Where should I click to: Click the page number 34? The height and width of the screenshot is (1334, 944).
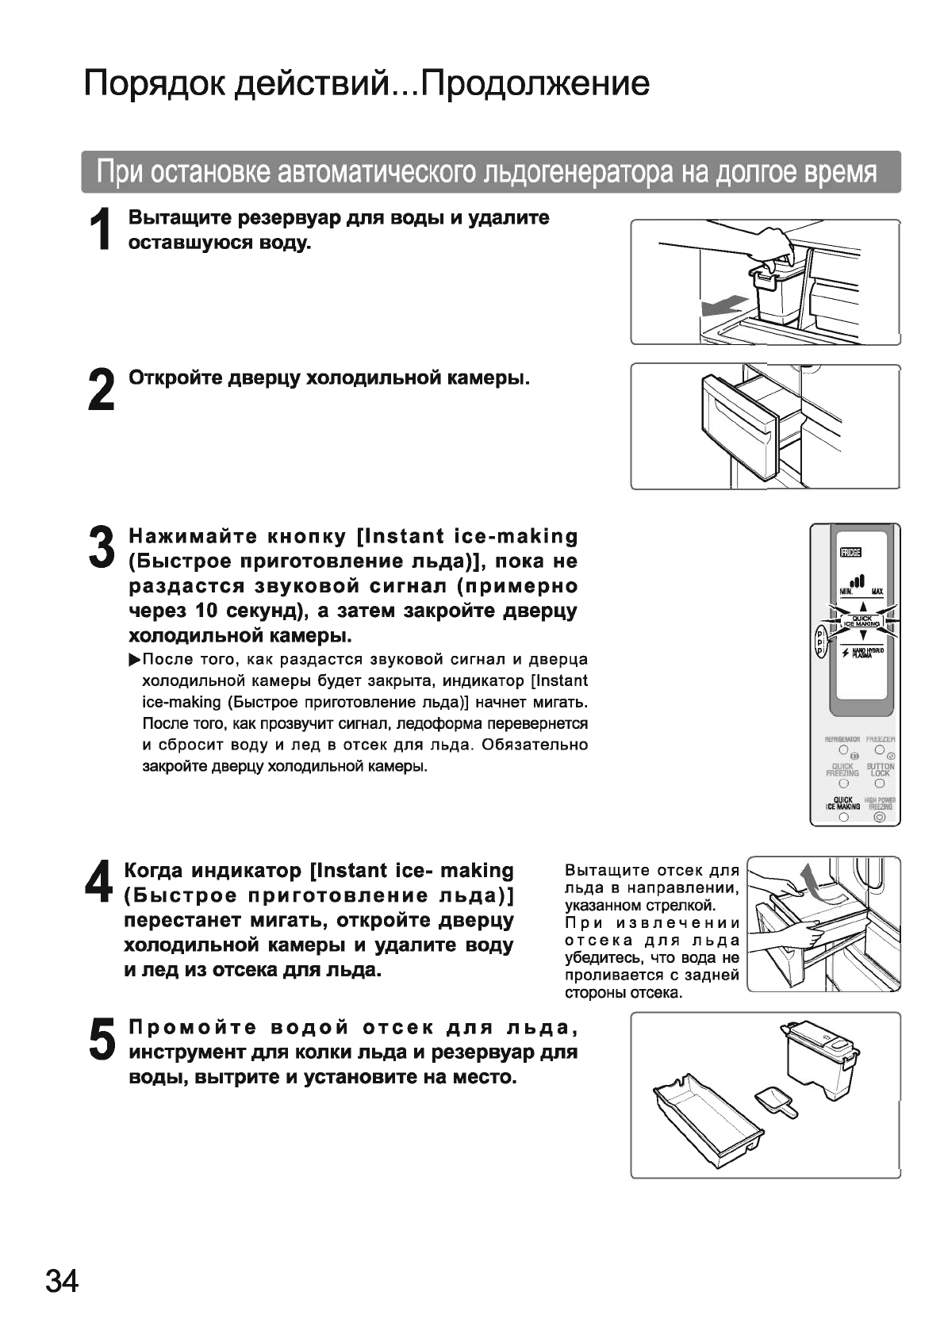click(x=63, y=1281)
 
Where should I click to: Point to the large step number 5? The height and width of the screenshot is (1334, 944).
click(x=102, y=1040)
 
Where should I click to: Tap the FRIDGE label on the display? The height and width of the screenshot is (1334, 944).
click(x=850, y=553)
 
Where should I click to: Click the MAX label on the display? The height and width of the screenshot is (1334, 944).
click(x=877, y=592)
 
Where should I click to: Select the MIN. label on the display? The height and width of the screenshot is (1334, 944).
click(x=846, y=592)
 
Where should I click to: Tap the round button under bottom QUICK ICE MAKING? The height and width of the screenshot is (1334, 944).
click(x=844, y=817)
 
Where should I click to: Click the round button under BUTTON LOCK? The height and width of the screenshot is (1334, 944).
click(x=880, y=783)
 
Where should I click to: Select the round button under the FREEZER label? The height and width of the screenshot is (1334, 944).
click(x=880, y=749)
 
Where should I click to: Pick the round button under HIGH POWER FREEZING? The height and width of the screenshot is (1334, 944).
click(x=879, y=817)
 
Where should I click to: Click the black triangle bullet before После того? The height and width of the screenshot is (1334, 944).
click(x=134, y=659)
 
